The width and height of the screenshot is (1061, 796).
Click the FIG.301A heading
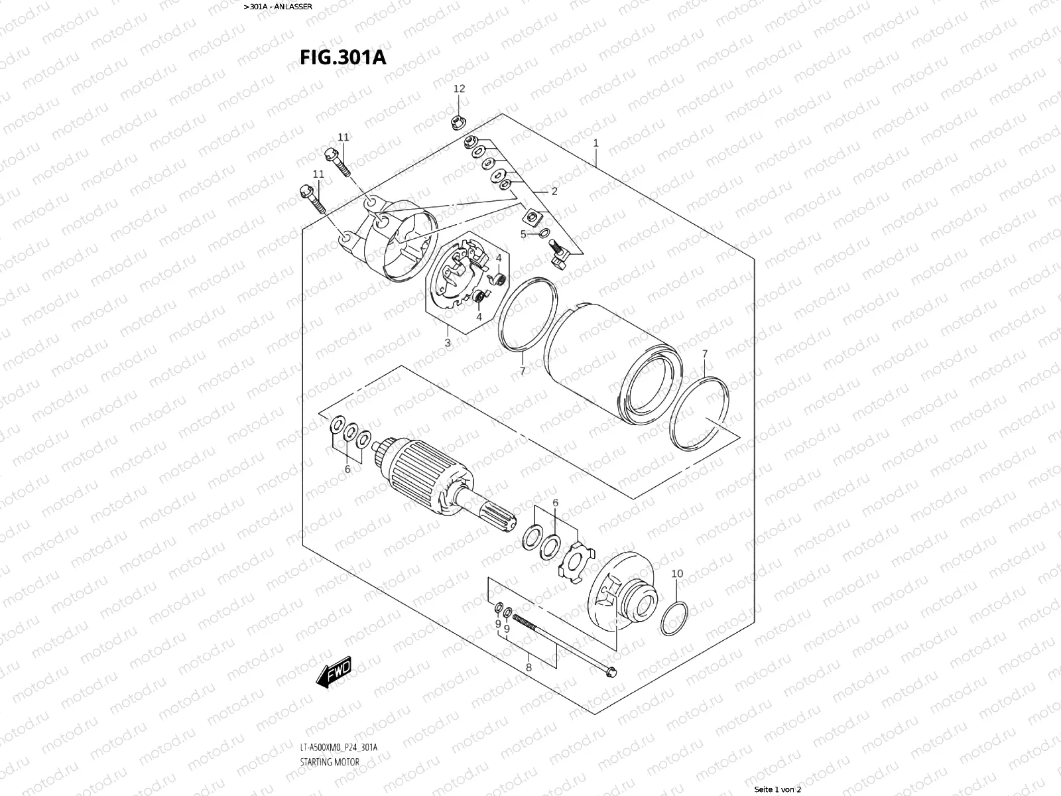tap(343, 57)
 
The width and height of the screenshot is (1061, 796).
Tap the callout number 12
tap(459, 89)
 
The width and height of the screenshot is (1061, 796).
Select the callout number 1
tap(595, 143)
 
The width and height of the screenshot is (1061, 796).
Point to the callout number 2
tap(554, 192)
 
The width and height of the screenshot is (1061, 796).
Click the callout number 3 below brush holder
tap(448, 343)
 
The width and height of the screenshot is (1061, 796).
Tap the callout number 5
tap(523, 234)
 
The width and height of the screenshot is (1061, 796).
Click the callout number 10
tap(677, 574)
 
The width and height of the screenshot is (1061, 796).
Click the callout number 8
tap(529, 667)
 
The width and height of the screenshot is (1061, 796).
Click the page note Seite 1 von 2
tap(778, 789)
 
